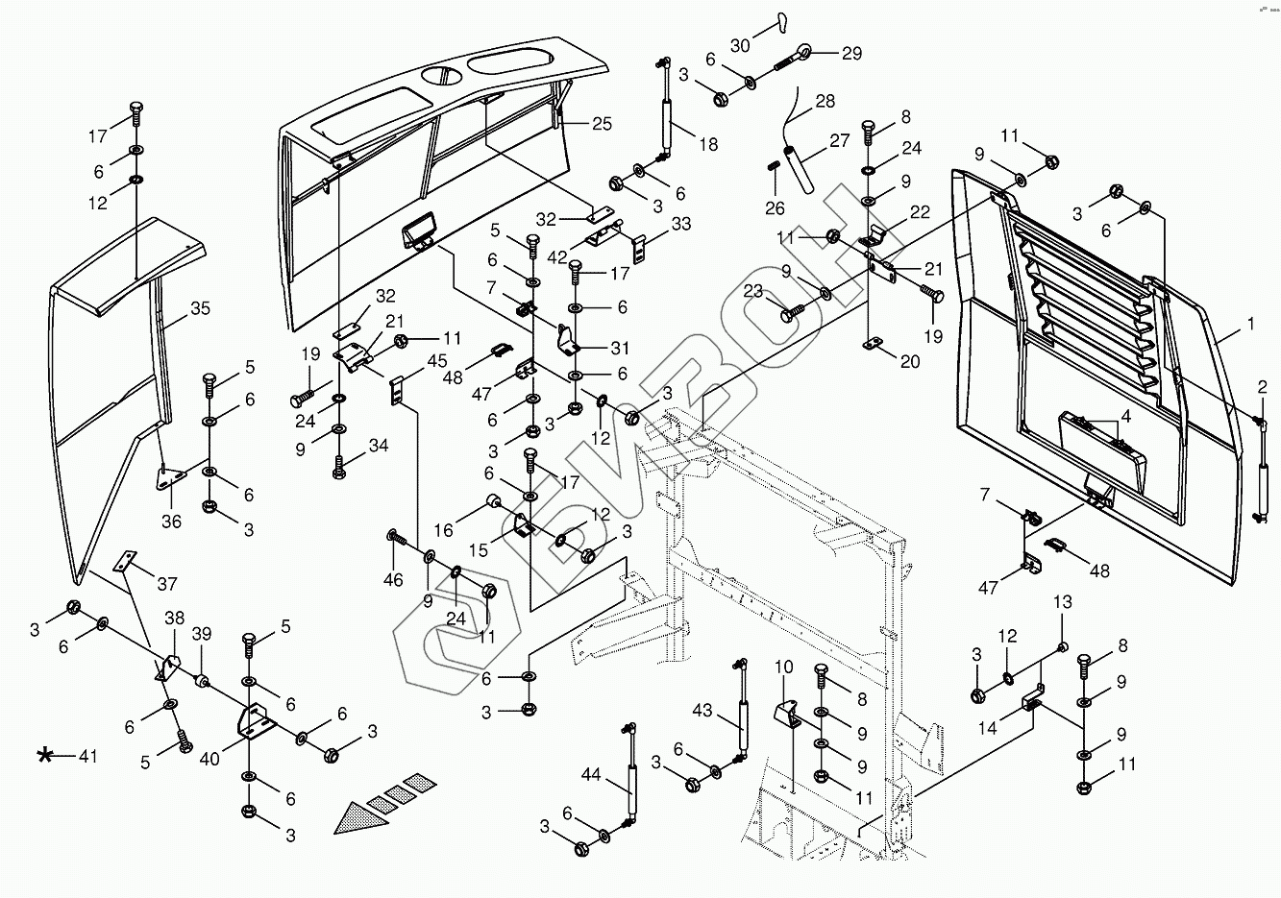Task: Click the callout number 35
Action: click(x=200, y=308)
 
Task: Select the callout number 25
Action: click(x=602, y=124)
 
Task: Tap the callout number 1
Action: click(x=1250, y=324)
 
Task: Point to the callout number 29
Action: click(x=851, y=53)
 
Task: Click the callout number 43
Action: click(x=702, y=711)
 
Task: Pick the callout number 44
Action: click(x=591, y=774)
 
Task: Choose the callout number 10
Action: click(x=784, y=667)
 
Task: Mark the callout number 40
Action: click(x=209, y=759)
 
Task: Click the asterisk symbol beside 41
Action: click(x=44, y=756)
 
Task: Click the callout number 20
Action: click(x=910, y=361)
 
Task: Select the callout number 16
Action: click(x=443, y=530)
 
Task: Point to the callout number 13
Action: click(x=1063, y=602)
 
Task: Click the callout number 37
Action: click(x=167, y=584)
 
